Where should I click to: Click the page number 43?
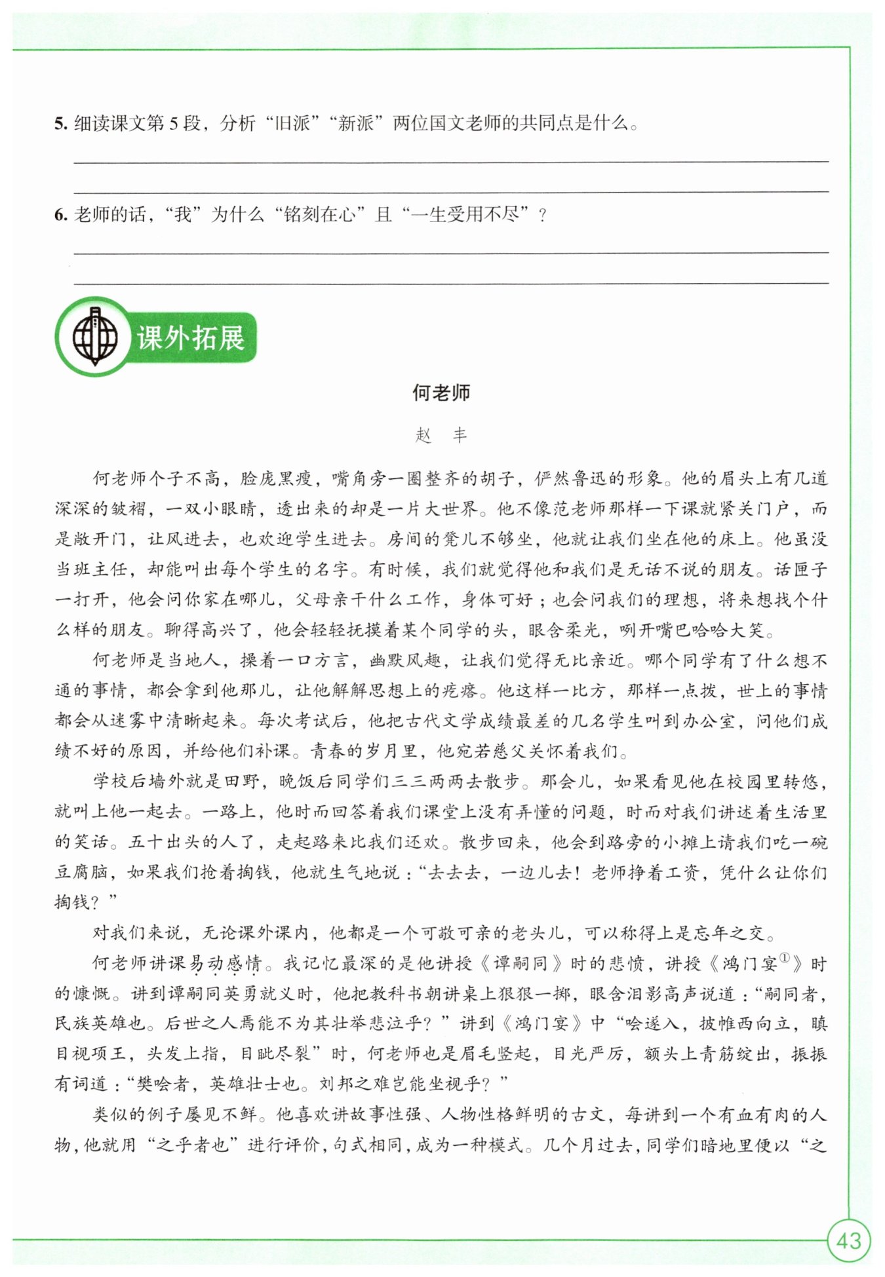[x=848, y=1240]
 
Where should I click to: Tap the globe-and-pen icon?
[x=94, y=337]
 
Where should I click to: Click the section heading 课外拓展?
[x=190, y=338]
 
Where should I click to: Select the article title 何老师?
[x=441, y=393]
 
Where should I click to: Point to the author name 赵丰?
[x=441, y=435]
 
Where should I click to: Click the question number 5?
[x=61, y=124]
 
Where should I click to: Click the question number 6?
[x=61, y=215]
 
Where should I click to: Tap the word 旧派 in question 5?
[x=292, y=124]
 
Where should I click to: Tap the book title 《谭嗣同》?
[x=521, y=964]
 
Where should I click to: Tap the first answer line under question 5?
[x=451, y=161]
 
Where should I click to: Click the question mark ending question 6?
[x=541, y=216]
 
